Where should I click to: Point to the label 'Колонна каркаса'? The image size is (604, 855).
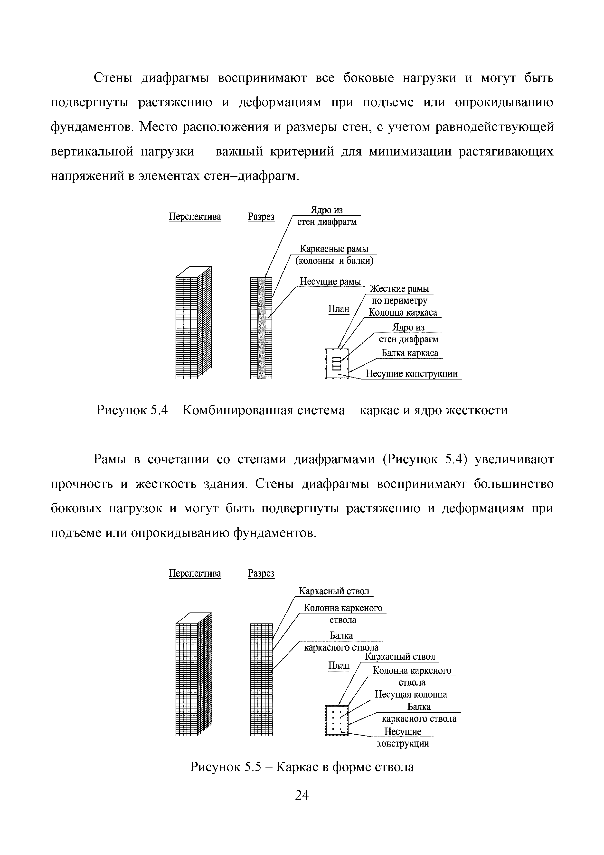tap(403, 312)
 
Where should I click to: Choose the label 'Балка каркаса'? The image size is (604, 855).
tap(410, 353)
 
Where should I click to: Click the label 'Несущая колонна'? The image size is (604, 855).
tap(411, 694)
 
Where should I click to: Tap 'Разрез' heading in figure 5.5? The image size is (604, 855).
tap(261, 573)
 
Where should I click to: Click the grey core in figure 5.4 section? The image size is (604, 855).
tap(261, 328)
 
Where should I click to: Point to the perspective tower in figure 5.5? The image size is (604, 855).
tap(194, 674)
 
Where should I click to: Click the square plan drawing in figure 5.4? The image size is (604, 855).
tap(337, 363)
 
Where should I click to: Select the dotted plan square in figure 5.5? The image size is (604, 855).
tap(337, 720)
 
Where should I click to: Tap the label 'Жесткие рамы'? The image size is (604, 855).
tap(399, 289)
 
